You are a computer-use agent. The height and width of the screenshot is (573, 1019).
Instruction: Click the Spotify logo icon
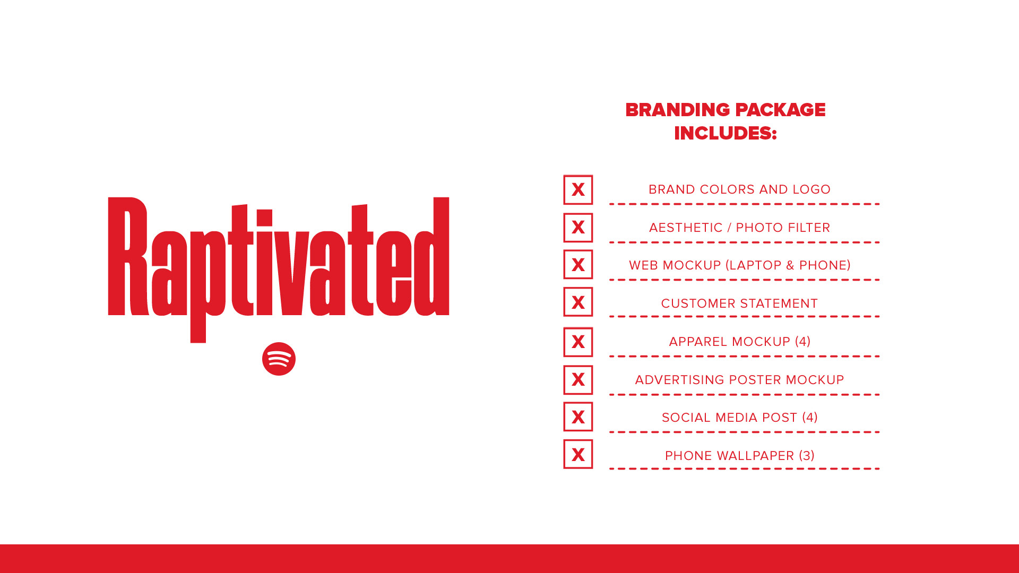pyautogui.click(x=279, y=359)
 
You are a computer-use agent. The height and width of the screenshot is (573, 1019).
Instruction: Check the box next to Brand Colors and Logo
pyautogui.click(x=578, y=189)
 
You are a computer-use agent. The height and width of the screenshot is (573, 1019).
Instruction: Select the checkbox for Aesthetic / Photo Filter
pyautogui.click(x=578, y=228)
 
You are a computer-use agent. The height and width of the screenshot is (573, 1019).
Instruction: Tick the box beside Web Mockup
pyautogui.click(x=578, y=264)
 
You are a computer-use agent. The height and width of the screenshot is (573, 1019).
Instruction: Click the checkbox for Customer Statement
pyautogui.click(x=578, y=302)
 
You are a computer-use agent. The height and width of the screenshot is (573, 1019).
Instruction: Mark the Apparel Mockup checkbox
pyautogui.click(x=578, y=342)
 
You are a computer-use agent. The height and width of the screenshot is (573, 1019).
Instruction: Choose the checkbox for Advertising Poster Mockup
pyautogui.click(x=578, y=379)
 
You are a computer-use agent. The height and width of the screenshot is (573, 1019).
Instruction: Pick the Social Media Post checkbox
pyautogui.click(x=578, y=416)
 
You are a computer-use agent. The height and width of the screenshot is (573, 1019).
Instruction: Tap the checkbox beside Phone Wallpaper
pyautogui.click(x=578, y=454)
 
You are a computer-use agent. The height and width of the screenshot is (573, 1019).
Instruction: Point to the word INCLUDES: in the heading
pyautogui.click(x=726, y=133)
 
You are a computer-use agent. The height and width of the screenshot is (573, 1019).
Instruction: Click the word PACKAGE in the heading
pyautogui.click(x=781, y=110)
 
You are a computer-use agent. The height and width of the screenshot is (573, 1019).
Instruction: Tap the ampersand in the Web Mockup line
pyautogui.click(x=790, y=265)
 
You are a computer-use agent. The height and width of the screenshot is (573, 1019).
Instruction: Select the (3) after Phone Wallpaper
pyautogui.click(x=807, y=456)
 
